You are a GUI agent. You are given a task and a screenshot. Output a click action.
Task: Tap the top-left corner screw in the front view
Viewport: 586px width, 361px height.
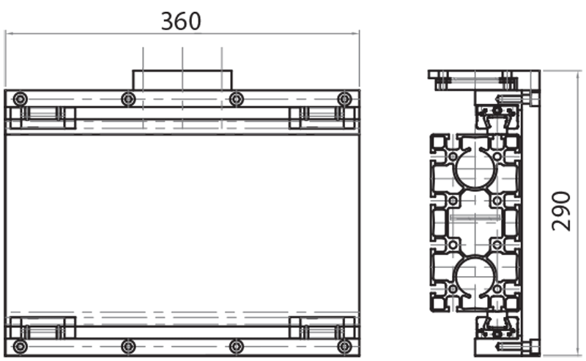(20, 99)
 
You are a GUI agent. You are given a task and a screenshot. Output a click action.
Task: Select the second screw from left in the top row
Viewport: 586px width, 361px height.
(128, 99)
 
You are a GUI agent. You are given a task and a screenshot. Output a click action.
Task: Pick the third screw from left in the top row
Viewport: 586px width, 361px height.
(236, 99)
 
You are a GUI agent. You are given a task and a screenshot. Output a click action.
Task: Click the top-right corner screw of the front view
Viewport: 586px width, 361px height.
(344, 99)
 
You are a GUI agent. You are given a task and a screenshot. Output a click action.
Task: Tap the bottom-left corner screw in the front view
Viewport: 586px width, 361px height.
(20, 346)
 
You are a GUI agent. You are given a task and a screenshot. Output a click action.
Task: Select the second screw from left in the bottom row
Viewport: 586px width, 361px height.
(128, 346)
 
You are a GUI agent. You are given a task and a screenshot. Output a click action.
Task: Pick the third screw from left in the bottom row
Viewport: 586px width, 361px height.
(236, 346)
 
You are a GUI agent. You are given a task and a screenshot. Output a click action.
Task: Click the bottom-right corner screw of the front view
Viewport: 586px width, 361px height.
(344, 346)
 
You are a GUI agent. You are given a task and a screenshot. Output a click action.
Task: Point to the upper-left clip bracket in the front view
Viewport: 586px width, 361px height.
(42, 116)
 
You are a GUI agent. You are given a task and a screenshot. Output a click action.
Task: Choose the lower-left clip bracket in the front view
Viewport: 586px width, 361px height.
(42, 327)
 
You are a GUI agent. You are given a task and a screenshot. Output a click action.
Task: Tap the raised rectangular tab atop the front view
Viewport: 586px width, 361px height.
(182, 79)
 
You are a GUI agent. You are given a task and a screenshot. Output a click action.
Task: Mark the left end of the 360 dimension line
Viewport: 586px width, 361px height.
(6, 33)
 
